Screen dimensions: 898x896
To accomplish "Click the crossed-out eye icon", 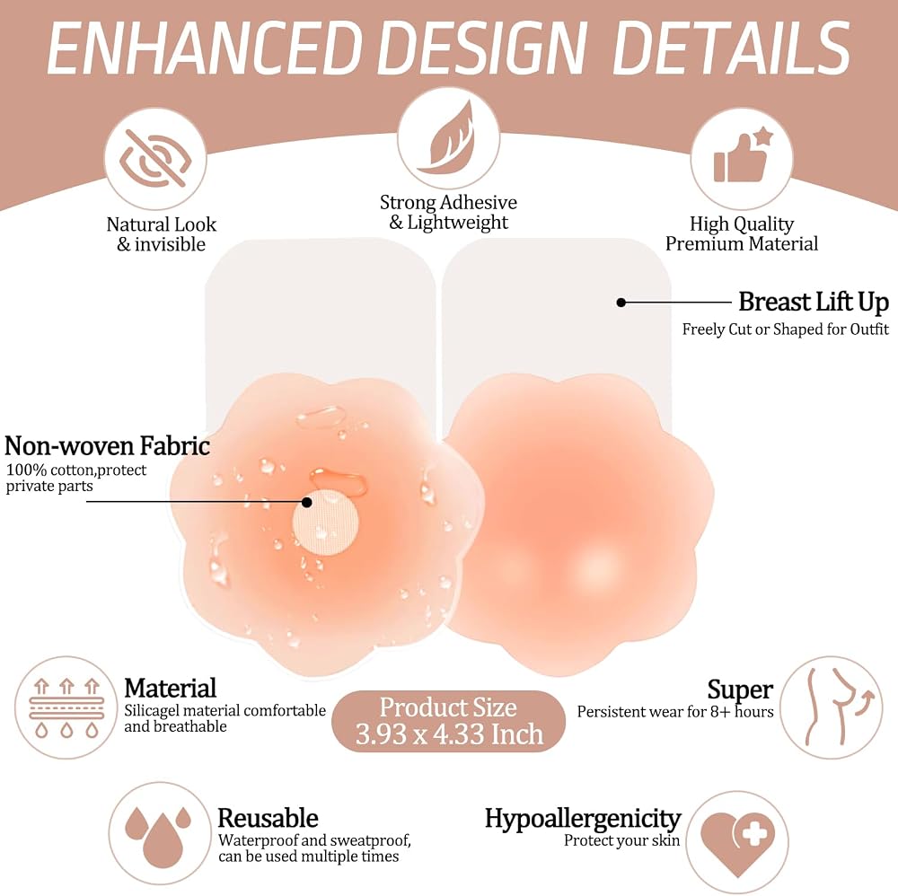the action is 155,158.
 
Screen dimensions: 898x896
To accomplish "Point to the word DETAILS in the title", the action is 731,48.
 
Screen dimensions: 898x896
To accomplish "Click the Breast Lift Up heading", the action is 814,302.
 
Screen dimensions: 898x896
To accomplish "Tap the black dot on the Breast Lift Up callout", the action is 621,303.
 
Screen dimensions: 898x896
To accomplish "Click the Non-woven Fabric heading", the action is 107,445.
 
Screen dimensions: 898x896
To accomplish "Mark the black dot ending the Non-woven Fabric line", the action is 307,502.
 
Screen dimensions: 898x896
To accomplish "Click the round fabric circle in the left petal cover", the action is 325,523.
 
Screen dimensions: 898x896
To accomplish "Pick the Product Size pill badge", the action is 448,721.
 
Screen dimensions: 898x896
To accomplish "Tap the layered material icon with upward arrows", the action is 66,708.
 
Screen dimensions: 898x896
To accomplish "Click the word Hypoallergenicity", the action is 583,819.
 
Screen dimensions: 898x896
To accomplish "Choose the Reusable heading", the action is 268,818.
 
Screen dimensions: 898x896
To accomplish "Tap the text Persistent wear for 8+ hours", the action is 675,712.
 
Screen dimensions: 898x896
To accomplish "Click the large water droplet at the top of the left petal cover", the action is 321,417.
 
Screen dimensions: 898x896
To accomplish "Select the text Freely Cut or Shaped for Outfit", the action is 785,329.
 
